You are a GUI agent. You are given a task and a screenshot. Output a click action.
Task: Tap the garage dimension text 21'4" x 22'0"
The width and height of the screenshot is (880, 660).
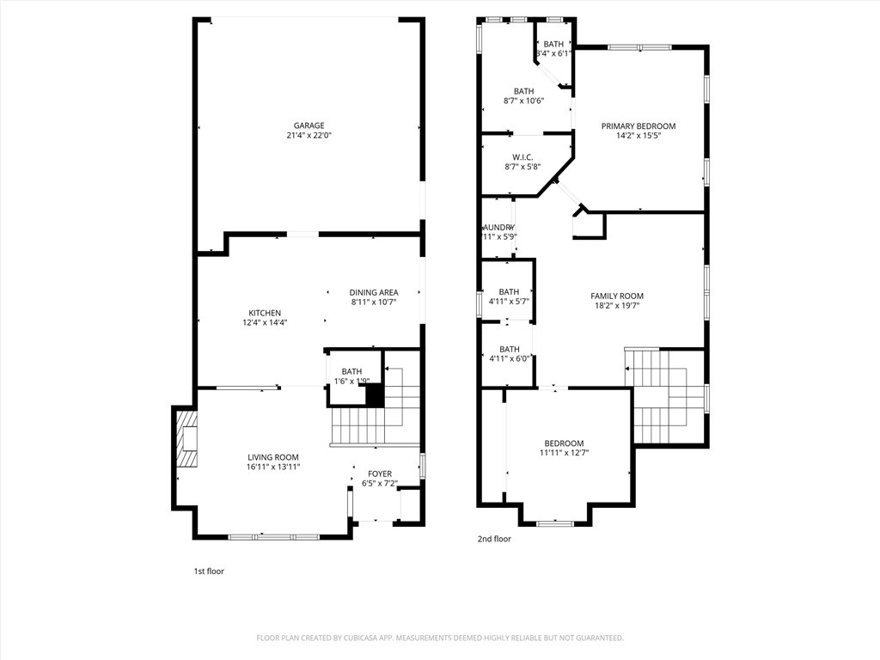coord(309,136)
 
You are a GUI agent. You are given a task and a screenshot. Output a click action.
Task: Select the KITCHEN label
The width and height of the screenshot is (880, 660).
coord(265,313)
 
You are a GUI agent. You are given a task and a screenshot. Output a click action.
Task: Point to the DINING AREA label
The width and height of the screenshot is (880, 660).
coord(374,292)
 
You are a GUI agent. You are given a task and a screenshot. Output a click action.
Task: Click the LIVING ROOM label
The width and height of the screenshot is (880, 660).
coord(273,457)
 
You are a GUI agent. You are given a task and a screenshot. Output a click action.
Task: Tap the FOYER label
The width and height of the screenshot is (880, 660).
coord(380,474)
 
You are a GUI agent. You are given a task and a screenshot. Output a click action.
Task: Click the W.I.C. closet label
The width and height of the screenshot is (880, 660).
coord(522,157)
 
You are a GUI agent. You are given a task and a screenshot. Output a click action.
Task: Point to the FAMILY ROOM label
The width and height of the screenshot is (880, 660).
coord(617,296)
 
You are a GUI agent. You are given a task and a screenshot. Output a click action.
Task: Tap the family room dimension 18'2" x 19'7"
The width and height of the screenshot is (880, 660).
coord(617,305)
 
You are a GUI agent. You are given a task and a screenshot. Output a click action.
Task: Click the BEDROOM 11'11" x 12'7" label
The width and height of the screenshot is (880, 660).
coord(564,443)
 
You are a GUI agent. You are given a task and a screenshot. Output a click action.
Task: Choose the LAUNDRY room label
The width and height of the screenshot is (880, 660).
coord(498,227)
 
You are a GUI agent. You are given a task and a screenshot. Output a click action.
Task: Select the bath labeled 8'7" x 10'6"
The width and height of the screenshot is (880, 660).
coord(523,91)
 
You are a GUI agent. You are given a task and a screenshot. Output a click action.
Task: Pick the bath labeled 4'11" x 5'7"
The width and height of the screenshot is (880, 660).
coord(509,291)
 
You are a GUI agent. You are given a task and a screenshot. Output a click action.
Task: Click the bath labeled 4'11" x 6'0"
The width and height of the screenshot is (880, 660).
coord(509,349)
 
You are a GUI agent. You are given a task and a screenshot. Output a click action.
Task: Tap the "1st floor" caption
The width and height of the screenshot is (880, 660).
coord(209,571)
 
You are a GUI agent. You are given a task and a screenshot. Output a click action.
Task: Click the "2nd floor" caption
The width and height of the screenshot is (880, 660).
coord(494,539)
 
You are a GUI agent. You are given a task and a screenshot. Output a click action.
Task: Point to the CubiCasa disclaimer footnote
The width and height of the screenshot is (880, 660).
coord(440,638)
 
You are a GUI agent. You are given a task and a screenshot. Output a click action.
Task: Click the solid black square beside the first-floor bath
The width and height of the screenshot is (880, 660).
coord(374,394)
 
